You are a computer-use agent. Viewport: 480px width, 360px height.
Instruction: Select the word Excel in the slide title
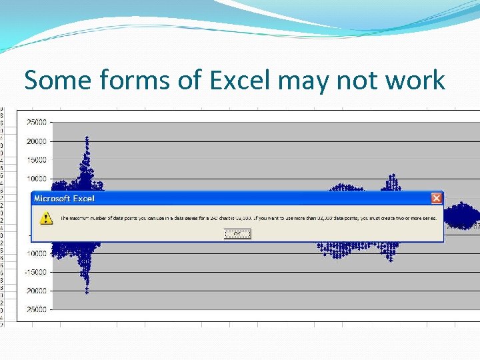click(240, 81)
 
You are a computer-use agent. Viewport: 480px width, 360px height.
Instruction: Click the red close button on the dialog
click(436, 198)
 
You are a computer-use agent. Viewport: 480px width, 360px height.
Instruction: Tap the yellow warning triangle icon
click(45, 218)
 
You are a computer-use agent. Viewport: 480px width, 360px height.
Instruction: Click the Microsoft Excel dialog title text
click(64, 198)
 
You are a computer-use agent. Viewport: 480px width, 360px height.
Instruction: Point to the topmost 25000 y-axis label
click(36, 123)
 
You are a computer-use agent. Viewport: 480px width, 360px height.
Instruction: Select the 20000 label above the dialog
click(36, 141)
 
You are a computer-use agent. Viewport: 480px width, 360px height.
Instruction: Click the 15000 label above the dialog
click(36, 160)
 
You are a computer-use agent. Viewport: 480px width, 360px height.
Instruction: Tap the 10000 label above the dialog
click(36, 179)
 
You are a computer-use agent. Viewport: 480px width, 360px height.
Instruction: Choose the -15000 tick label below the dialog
click(35, 272)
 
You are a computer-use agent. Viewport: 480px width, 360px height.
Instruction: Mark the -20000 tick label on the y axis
click(35, 291)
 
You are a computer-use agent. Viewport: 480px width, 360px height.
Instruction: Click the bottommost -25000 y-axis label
click(35, 309)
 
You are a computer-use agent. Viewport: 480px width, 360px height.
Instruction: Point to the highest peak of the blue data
click(87, 139)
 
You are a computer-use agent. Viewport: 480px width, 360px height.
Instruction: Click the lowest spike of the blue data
click(87, 291)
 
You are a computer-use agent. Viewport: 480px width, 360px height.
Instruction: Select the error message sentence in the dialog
click(253, 218)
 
